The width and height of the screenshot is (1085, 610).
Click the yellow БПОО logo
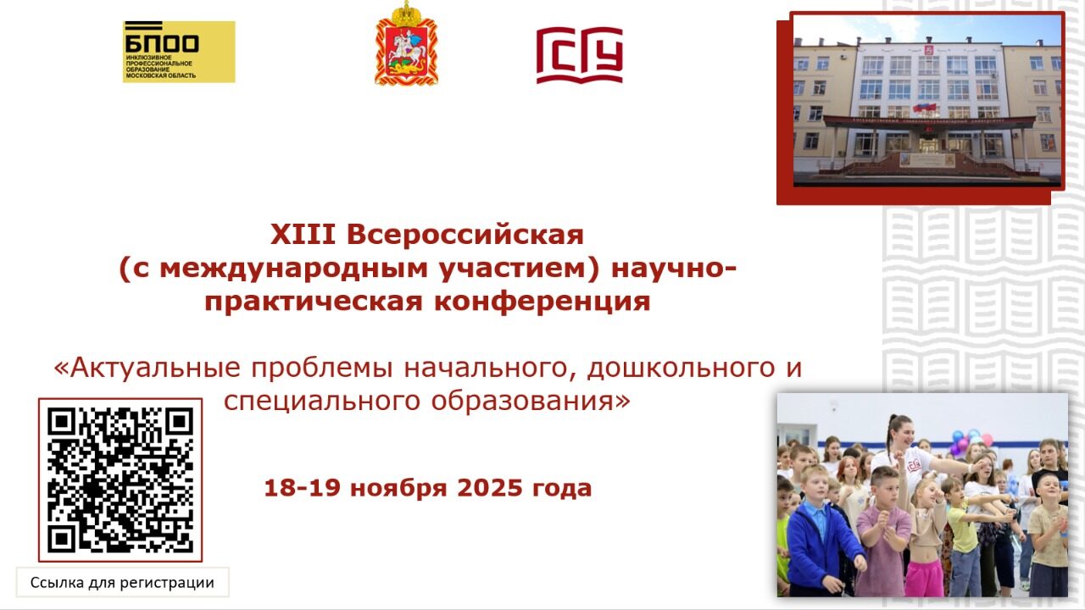point(178,52)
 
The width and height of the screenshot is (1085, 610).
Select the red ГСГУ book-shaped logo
point(579,55)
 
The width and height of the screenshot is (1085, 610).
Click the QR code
point(120,480)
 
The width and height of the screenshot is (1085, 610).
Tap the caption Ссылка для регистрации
point(122,583)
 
